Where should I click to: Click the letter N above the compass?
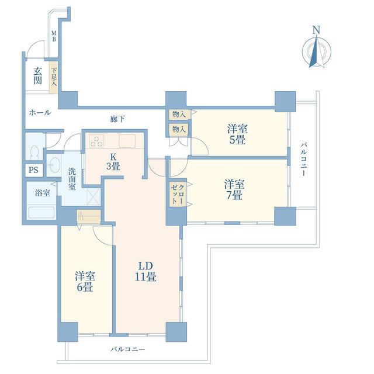[x=316, y=30]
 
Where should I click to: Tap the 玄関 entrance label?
[x=37, y=76]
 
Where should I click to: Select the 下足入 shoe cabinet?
[x=54, y=77]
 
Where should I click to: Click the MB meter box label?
[x=54, y=36]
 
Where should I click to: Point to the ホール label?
[x=40, y=112]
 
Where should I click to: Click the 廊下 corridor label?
[x=117, y=119]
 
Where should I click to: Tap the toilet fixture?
[x=35, y=152]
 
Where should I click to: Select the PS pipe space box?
[x=34, y=170]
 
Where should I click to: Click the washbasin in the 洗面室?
[x=54, y=165]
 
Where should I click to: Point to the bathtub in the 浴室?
[x=41, y=212]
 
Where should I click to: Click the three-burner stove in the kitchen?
[x=97, y=141]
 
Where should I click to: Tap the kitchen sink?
[x=127, y=141]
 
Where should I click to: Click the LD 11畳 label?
[x=146, y=271]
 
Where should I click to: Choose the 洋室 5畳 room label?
[x=237, y=134]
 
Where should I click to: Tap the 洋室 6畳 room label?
[x=85, y=282]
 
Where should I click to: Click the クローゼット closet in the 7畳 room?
[x=178, y=194]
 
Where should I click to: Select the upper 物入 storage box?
[x=179, y=115]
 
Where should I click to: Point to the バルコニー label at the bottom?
[x=127, y=349]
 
